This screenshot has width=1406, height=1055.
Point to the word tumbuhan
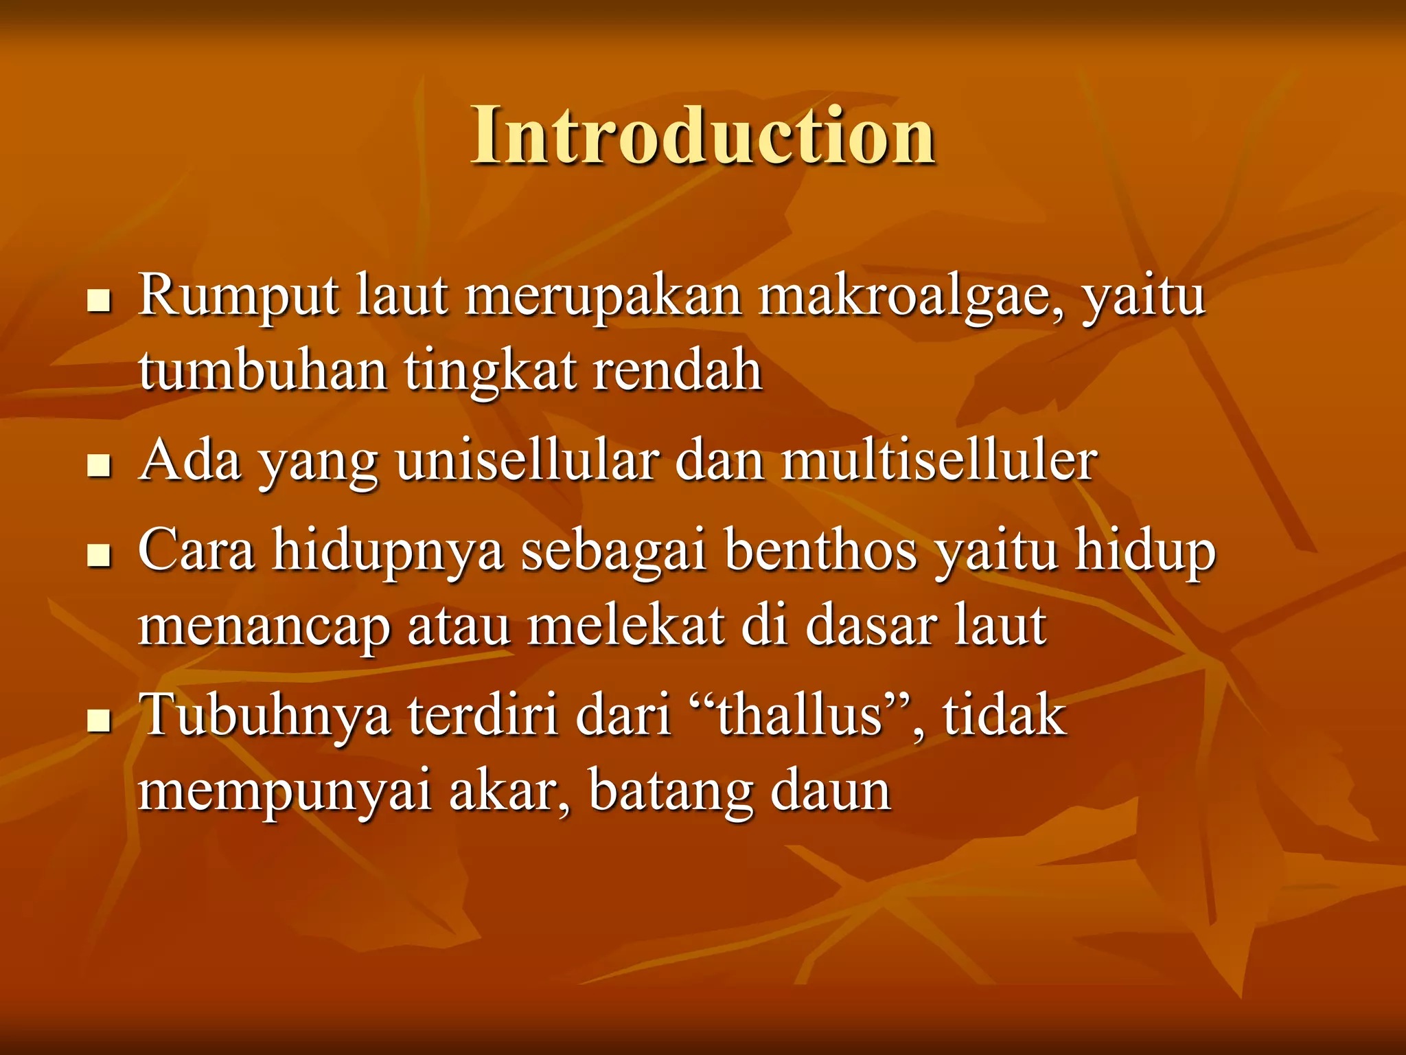pyautogui.click(x=263, y=371)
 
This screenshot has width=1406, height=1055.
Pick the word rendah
pyautogui.click(x=677, y=371)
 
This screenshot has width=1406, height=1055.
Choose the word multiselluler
pyautogui.click(x=939, y=462)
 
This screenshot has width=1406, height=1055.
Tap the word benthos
pyautogui.click(x=821, y=551)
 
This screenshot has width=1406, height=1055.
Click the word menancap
pyautogui.click(x=264, y=626)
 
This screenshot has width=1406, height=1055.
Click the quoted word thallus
pyautogui.click(x=799, y=716)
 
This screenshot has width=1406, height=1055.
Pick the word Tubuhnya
pyautogui.click(x=264, y=716)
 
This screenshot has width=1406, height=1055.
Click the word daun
pyautogui.click(x=830, y=791)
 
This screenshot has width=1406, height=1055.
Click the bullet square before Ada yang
pyautogui.click(x=100, y=466)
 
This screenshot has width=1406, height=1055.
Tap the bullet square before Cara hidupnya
pyautogui.click(x=100, y=555)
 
